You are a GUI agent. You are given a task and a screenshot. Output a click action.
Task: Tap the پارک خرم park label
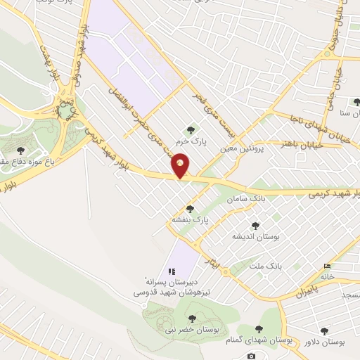pos(191,140)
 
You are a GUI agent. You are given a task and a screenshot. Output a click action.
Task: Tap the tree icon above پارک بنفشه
pos(191,208)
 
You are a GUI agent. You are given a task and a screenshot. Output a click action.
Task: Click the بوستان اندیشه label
pos(257,237)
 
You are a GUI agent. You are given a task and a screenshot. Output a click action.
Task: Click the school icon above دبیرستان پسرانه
pos(172,271)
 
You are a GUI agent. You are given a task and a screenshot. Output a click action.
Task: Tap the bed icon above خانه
pos(328,266)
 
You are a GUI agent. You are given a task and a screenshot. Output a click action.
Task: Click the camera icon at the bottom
pos(251,356)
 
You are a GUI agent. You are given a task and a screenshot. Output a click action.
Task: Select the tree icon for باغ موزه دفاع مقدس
pos(19,150)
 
